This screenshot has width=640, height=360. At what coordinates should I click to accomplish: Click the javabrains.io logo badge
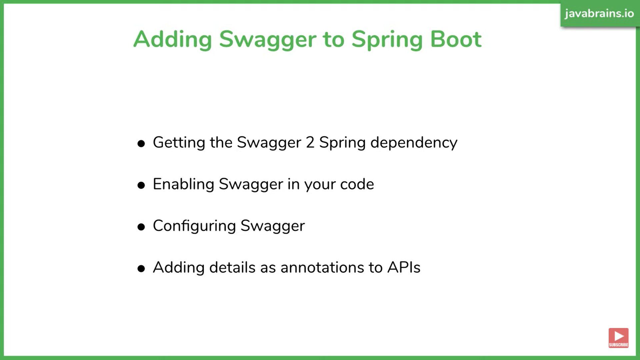[599, 14]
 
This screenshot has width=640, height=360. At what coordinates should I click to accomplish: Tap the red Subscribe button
[618, 338]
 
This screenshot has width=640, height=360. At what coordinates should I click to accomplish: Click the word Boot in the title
[456, 39]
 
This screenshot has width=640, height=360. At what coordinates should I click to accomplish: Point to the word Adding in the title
[173, 39]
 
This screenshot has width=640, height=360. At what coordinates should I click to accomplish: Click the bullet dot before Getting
[141, 144]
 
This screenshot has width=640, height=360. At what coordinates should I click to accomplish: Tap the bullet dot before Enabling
[141, 185]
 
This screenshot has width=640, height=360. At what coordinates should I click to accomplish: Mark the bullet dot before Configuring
[141, 227]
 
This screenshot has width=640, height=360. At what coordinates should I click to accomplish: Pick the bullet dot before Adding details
[141, 269]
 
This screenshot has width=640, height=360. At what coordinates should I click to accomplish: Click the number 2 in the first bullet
[310, 142]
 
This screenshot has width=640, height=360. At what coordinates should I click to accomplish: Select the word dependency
[414, 143]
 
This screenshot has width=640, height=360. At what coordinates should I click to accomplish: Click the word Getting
[179, 143]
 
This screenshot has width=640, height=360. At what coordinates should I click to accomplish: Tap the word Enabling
[183, 185]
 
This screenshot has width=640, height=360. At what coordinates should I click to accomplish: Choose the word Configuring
[194, 226]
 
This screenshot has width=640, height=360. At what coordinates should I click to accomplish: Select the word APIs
[404, 267]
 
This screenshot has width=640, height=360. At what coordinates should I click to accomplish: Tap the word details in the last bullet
[232, 267]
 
